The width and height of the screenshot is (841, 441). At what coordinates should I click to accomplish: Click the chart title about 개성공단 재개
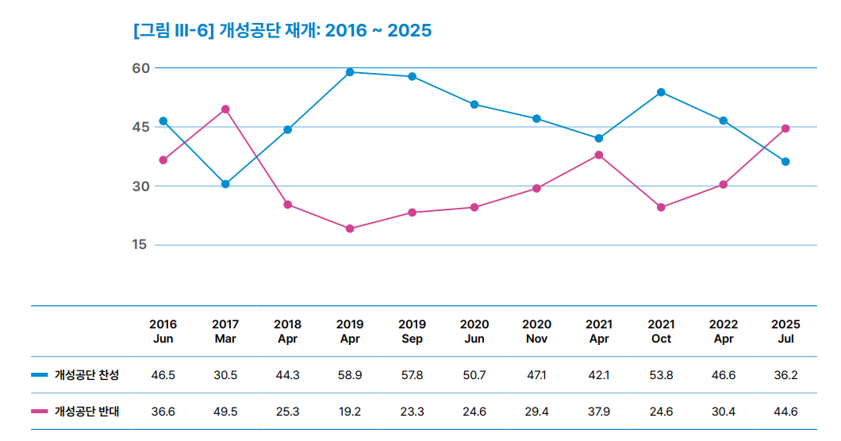[283, 31]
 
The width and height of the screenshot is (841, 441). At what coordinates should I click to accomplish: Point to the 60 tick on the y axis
[141, 68]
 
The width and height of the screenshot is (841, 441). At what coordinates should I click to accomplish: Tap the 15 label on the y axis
[141, 244]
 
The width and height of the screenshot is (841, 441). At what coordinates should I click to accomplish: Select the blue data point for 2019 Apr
[350, 72]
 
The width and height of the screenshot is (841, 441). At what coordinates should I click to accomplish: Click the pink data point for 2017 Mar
[225, 109]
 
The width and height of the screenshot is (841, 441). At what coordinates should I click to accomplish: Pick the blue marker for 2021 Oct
[661, 92]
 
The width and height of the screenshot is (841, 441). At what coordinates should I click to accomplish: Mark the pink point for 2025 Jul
[785, 128]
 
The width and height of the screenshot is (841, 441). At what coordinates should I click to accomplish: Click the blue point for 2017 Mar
[225, 184]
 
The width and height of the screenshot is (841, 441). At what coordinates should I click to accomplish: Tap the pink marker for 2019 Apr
[350, 228]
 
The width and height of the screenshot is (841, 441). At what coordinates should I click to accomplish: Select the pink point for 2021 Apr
[599, 155]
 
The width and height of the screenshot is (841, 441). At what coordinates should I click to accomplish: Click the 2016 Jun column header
[163, 332]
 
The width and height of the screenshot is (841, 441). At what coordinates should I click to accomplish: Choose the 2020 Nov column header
[536, 332]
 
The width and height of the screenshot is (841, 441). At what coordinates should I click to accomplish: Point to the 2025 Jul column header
[785, 332]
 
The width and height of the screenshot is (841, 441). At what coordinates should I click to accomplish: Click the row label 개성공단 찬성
[86, 375]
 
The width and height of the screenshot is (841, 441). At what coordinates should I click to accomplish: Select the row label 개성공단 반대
[86, 411]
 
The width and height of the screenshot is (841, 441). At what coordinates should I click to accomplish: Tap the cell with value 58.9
[350, 375]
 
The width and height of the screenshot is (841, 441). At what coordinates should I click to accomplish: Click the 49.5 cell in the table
[225, 411]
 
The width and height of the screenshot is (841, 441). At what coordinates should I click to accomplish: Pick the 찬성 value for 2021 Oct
[661, 375]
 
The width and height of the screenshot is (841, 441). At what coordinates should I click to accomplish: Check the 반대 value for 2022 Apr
[724, 411]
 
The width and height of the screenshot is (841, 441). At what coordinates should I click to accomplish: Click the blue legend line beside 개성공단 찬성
[40, 375]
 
